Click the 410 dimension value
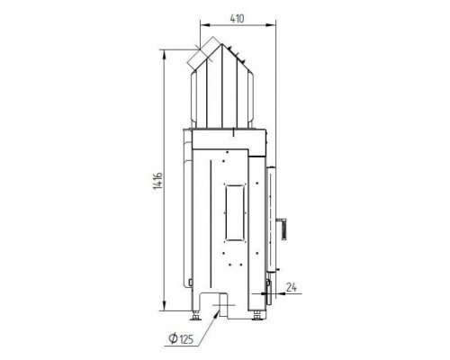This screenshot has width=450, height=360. (237, 19)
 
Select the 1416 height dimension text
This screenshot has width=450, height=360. (157, 181)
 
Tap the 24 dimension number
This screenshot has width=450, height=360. (292, 287)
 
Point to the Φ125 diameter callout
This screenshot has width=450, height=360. (181, 339)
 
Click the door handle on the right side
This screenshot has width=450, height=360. (282, 229)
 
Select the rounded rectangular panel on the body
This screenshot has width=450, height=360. (235, 213)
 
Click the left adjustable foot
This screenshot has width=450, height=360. (196, 316)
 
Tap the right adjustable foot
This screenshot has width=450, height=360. (256, 316)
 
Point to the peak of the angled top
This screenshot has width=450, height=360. (221, 44)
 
